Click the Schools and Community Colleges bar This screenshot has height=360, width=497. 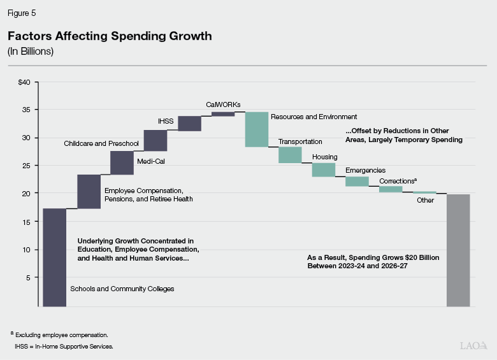(x=54, y=257)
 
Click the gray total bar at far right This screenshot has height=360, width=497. (x=458, y=250)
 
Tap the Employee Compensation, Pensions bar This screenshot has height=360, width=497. (x=89, y=191)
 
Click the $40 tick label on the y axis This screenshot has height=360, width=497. (x=24, y=82)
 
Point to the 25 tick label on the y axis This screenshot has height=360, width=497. (x=26, y=165)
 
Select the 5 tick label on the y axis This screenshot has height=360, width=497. (x=28, y=278)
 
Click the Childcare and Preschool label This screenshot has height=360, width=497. (x=101, y=144)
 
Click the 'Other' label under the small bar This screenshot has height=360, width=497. (x=425, y=200)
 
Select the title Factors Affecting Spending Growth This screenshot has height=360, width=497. (x=110, y=36)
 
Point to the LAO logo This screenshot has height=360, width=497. (x=473, y=345)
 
